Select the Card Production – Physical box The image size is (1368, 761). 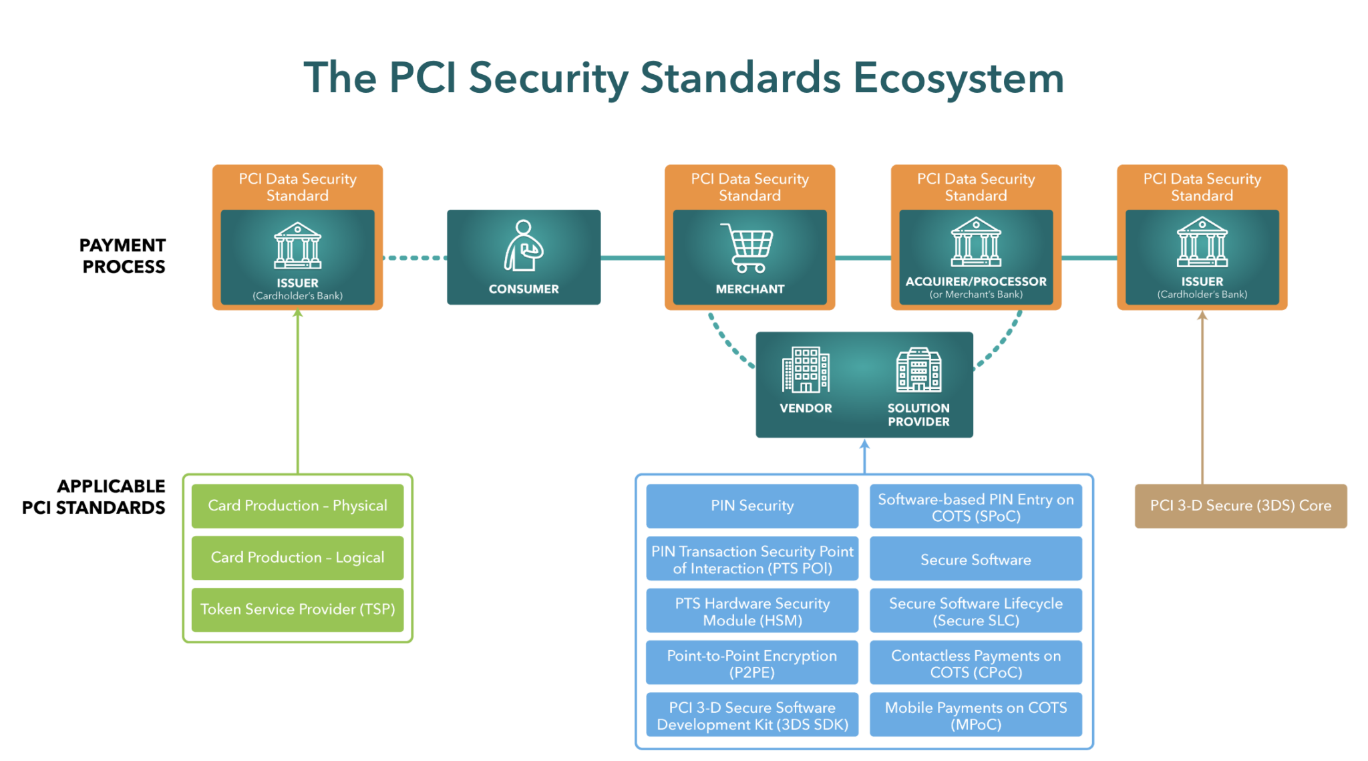click(x=297, y=506)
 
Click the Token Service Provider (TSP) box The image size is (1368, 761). click(x=297, y=609)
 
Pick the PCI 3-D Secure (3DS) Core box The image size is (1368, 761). click(x=1240, y=506)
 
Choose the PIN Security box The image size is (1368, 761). click(x=752, y=506)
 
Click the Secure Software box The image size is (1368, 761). click(x=975, y=560)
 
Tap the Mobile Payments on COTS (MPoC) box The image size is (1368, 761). click(x=975, y=716)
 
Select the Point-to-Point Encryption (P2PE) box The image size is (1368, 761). click(x=752, y=664)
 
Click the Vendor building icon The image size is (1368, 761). click(x=806, y=369)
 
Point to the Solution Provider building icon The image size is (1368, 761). click(x=918, y=369)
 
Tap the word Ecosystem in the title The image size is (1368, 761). click(x=958, y=78)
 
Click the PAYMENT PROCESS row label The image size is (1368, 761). click(x=123, y=256)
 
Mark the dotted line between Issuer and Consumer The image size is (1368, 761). click(x=414, y=257)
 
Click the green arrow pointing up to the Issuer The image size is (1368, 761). click(x=298, y=394)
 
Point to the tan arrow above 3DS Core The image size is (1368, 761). click(x=1202, y=401)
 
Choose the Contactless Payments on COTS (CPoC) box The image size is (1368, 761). click(x=975, y=664)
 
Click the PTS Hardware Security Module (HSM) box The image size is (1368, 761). click(x=752, y=612)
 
